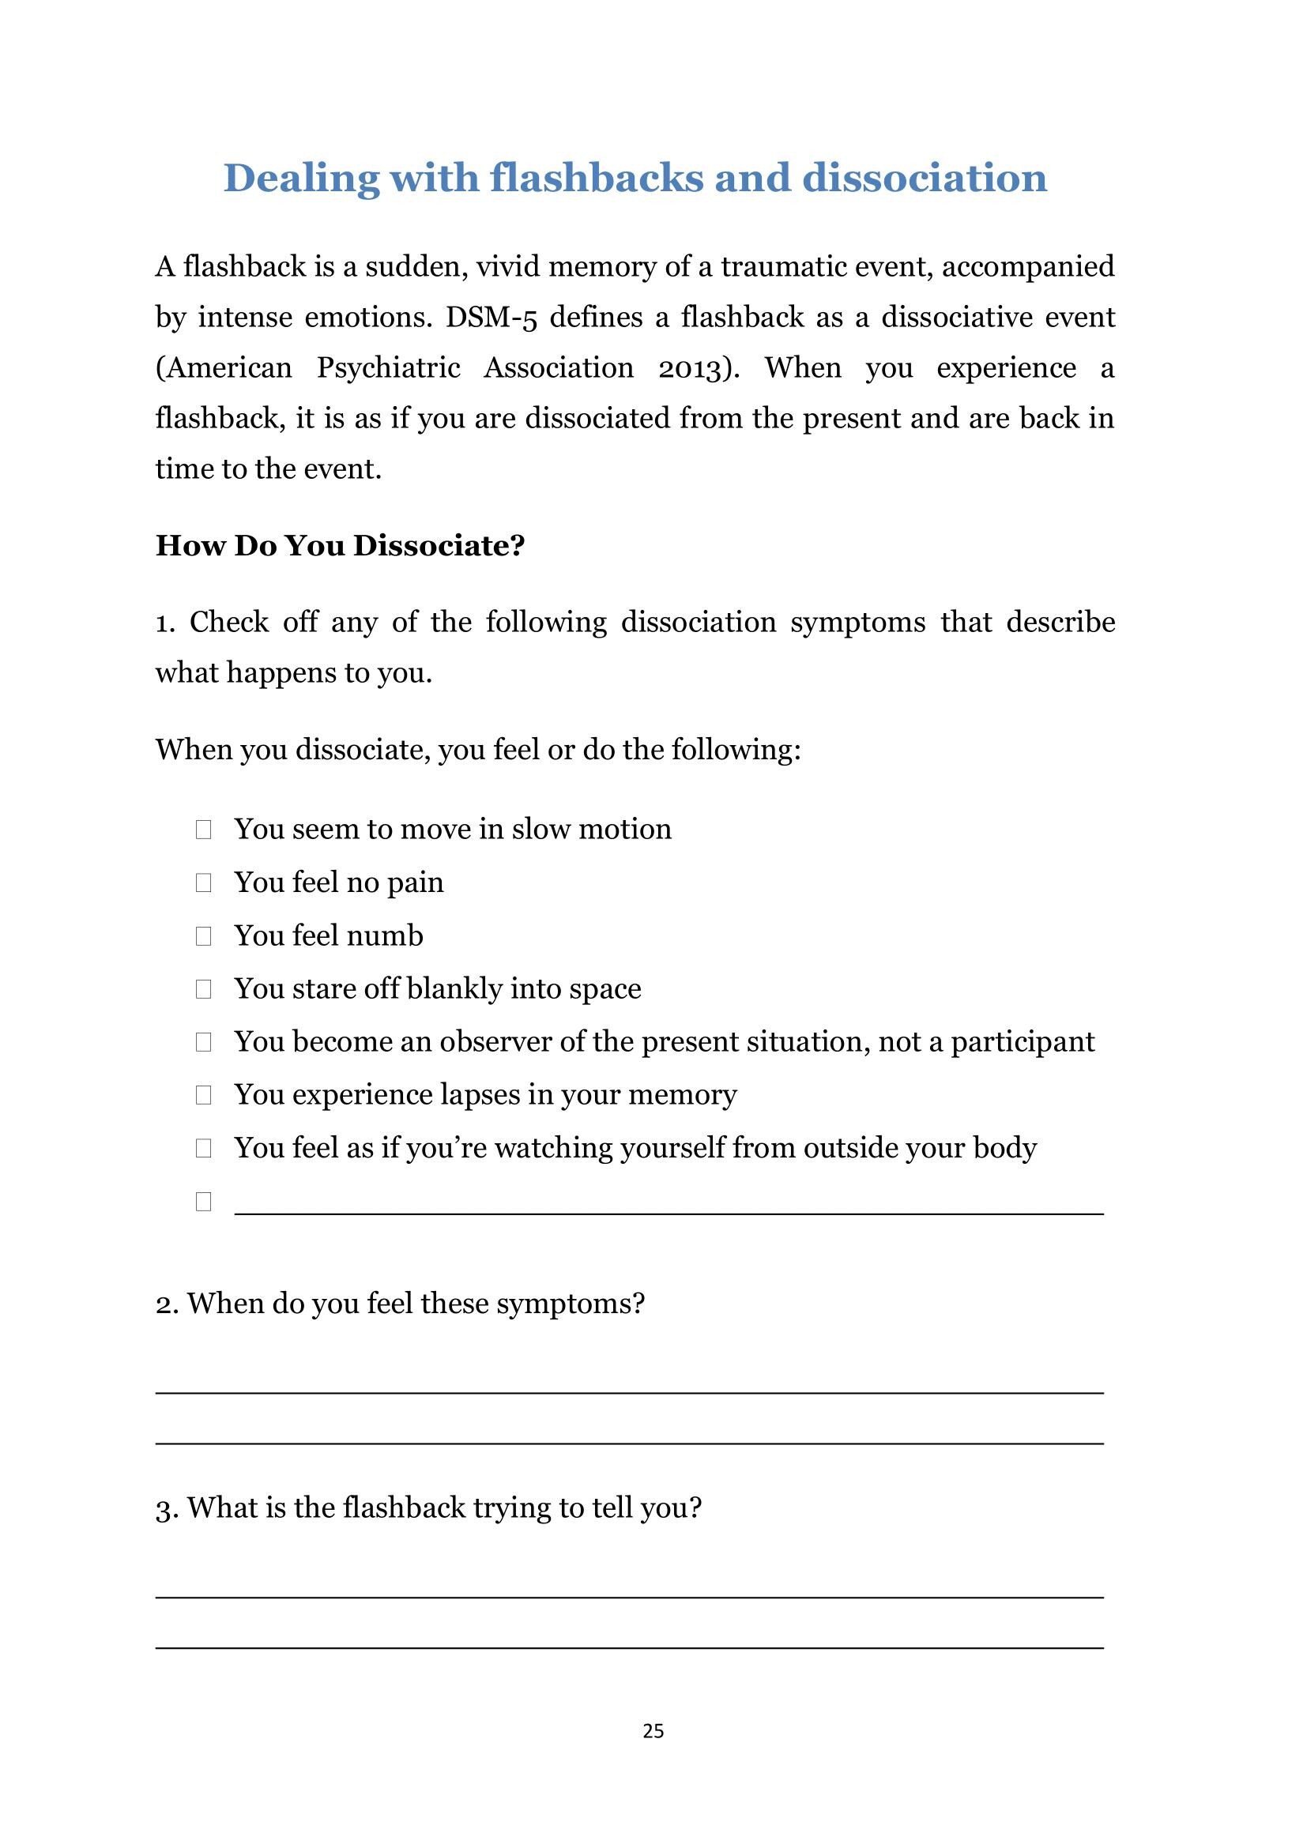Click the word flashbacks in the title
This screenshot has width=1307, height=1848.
(x=597, y=178)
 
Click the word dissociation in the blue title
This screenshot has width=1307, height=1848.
(x=925, y=178)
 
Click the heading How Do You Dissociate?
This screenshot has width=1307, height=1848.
(x=340, y=546)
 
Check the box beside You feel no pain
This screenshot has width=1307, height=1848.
(x=203, y=883)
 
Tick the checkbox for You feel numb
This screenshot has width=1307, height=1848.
(x=203, y=936)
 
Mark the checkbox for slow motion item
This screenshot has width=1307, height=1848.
(x=203, y=830)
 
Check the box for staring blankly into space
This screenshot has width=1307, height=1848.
(x=203, y=989)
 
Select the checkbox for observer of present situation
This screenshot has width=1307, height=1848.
(x=203, y=1042)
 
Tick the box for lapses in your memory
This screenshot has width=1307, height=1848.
(x=203, y=1095)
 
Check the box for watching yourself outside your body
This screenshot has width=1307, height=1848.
(x=203, y=1149)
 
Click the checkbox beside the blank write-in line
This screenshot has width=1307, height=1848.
(x=203, y=1202)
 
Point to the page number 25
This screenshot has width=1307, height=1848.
(x=653, y=1731)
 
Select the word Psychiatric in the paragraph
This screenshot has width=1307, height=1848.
(x=388, y=368)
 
